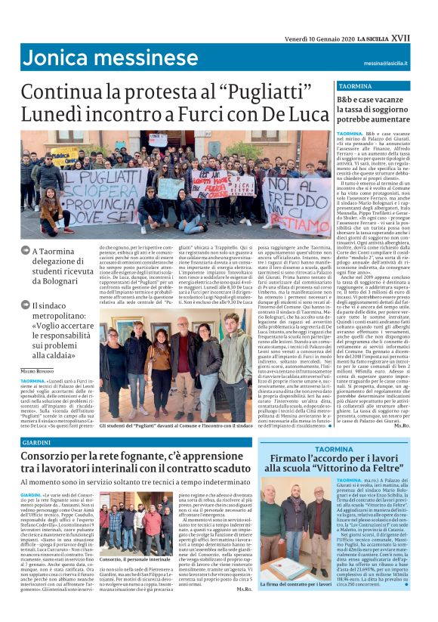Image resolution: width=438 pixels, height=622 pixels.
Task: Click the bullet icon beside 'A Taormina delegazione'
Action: tap(26, 253)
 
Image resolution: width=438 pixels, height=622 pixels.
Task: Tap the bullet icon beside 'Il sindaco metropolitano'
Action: tap(26, 306)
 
